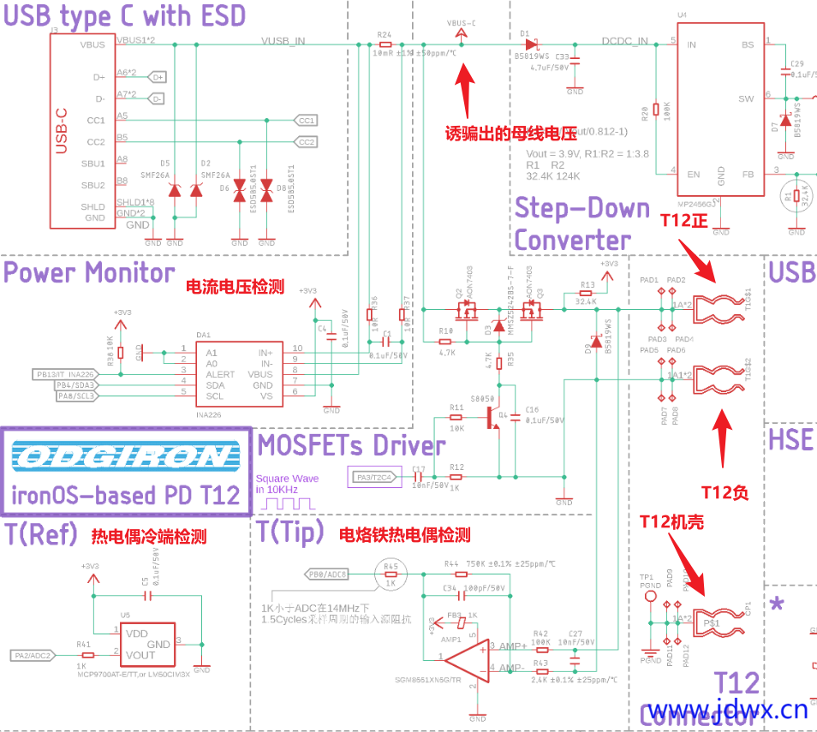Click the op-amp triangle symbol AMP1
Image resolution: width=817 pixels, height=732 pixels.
point(462,658)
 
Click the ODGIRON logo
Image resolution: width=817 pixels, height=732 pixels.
point(126,457)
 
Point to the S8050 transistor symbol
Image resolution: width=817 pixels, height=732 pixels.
point(492,418)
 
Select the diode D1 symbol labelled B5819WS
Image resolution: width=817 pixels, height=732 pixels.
point(531,44)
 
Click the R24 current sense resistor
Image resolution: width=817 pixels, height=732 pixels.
point(385,44)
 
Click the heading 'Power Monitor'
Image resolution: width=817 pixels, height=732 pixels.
point(89,274)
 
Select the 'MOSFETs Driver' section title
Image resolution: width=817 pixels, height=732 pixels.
point(351,445)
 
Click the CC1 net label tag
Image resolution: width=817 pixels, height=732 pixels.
point(306,121)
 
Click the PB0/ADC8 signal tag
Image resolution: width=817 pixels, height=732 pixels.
point(328,573)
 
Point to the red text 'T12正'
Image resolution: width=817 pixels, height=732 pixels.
point(686,221)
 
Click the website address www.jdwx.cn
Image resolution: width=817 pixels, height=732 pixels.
point(727,709)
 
